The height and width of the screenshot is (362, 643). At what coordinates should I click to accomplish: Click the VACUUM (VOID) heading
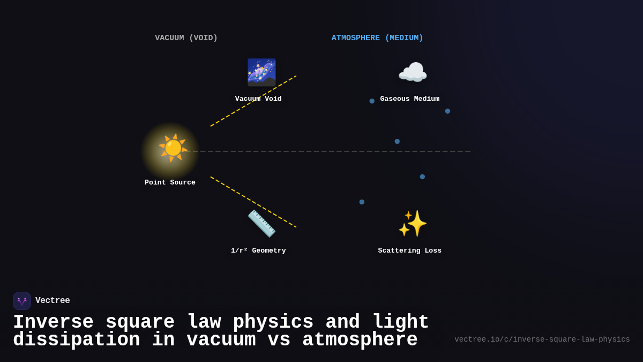(x=186, y=38)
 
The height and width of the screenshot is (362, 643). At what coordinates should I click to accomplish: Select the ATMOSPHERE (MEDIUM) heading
(x=377, y=38)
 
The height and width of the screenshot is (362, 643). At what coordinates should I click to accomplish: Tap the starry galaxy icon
(x=261, y=72)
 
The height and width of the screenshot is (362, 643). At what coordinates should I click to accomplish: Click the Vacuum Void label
(x=258, y=99)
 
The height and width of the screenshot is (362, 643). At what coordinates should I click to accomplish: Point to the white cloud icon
(x=413, y=72)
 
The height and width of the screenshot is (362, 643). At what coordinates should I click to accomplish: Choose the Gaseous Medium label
(x=410, y=99)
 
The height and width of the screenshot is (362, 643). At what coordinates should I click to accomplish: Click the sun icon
(x=173, y=148)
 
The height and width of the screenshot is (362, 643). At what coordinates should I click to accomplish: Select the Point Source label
(x=170, y=182)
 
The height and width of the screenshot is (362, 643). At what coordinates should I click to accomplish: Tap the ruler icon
(x=261, y=224)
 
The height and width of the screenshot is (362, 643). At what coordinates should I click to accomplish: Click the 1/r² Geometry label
(x=258, y=250)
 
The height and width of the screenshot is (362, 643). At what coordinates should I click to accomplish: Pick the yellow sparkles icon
(x=413, y=224)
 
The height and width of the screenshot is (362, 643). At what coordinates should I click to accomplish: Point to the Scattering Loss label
(x=410, y=250)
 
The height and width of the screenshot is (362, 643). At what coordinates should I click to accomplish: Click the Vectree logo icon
(x=22, y=301)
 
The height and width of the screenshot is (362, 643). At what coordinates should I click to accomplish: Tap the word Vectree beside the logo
(x=53, y=301)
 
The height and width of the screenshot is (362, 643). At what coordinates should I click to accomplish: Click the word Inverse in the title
(x=53, y=322)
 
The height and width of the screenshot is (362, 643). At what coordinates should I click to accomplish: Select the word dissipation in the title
(x=77, y=340)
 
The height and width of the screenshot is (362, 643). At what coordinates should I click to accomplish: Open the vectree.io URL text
(x=542, y=339)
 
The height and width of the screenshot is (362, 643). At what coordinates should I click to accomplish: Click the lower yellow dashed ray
(x=253, y=202)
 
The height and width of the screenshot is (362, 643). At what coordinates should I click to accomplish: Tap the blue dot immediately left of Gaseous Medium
(x=372, y=101)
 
